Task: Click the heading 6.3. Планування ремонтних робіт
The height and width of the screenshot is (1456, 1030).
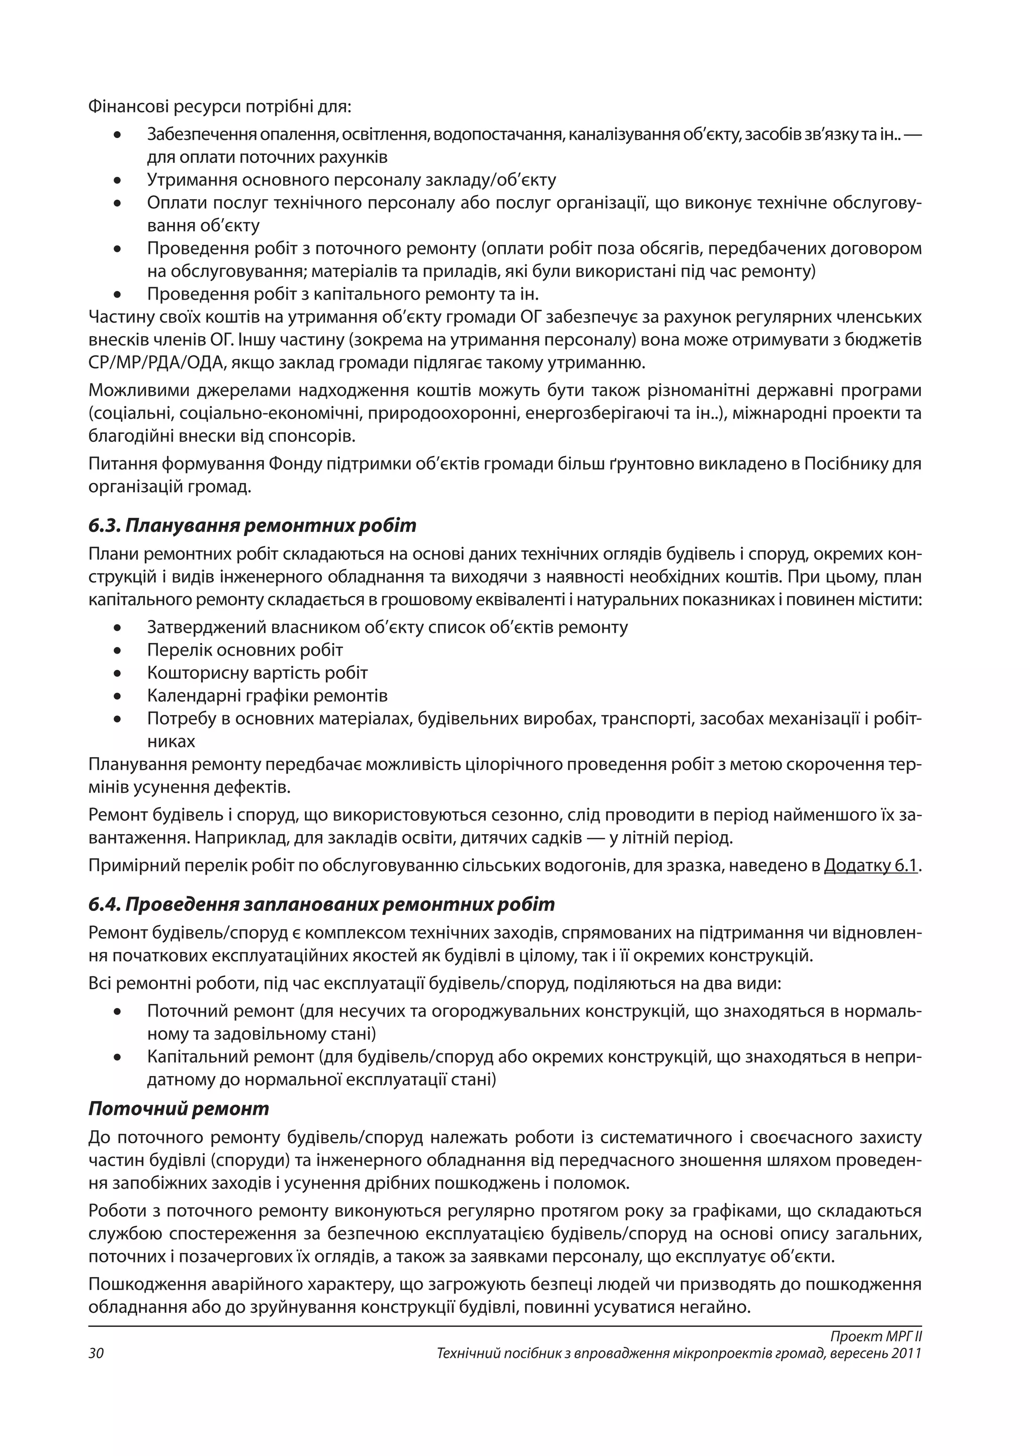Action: click(x=252, y=526)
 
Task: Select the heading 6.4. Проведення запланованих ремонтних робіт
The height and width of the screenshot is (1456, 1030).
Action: click(x=321, y=904)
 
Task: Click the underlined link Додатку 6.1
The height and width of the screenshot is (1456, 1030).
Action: click(x=871, y=866)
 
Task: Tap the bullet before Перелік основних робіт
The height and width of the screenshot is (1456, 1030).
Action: click(x=117, y=651)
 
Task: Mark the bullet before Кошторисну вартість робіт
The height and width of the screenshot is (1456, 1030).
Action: click(x=117, y=674)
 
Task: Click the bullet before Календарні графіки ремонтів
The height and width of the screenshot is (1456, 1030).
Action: click(x=117, y=696)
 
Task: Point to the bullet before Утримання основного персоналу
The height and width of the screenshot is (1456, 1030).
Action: click(x=117, y=180)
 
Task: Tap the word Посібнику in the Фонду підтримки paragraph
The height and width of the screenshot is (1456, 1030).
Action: click(x=846, y=464)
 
